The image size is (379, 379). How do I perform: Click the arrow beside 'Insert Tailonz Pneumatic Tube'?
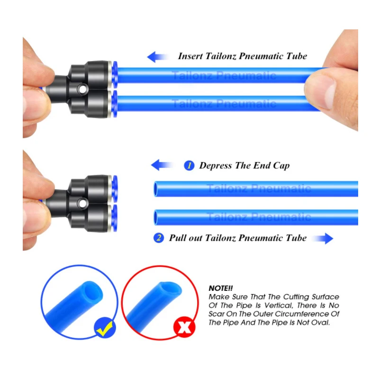coord(157,57)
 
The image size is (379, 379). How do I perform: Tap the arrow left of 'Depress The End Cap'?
coord(161,165)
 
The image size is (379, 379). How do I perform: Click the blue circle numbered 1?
coord(189,165)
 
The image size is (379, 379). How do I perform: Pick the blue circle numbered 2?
coord(159,238)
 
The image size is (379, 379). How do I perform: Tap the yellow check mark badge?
coord(105,327)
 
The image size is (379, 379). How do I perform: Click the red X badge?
coord(184,327)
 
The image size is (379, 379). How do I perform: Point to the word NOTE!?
coord(221,288)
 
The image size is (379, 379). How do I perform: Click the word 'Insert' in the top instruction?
coord(190,56)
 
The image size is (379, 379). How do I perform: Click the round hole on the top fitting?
coord(82,89)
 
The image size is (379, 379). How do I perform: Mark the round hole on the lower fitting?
coord(82,203)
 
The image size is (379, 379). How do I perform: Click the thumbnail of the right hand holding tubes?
coord(333,80)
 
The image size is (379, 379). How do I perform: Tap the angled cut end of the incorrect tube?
coord(171,290)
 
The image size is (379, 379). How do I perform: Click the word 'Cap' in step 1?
coord(281,166)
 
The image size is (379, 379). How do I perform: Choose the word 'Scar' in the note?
coord(217,314)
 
